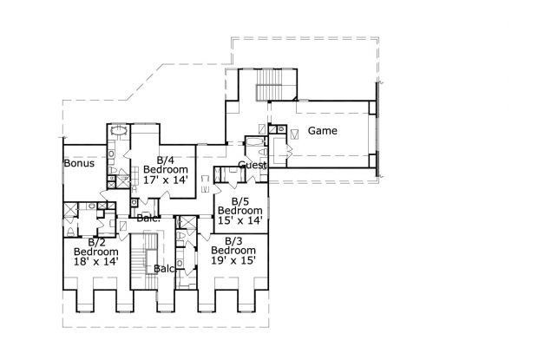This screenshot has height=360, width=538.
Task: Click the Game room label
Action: (x=324, y=131)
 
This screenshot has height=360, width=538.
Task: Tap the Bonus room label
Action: (x=78, y=163)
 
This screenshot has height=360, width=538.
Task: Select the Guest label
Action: (x=253, y=165)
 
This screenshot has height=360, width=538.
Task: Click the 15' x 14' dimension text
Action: (x=240, y=220)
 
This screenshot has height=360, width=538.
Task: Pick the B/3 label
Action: (x=233, y=239)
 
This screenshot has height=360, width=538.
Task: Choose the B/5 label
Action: (x=240, y=200)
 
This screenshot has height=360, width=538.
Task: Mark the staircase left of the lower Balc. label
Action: (x=139, y=263)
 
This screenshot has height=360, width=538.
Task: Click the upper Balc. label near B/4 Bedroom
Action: (x=148, y=218)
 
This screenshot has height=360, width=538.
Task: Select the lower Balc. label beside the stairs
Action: (x=164, y=269)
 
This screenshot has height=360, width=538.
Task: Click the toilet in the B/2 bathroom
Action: (x=70, y=232)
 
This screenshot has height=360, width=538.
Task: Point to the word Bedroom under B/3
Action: (x=233, y=250)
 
